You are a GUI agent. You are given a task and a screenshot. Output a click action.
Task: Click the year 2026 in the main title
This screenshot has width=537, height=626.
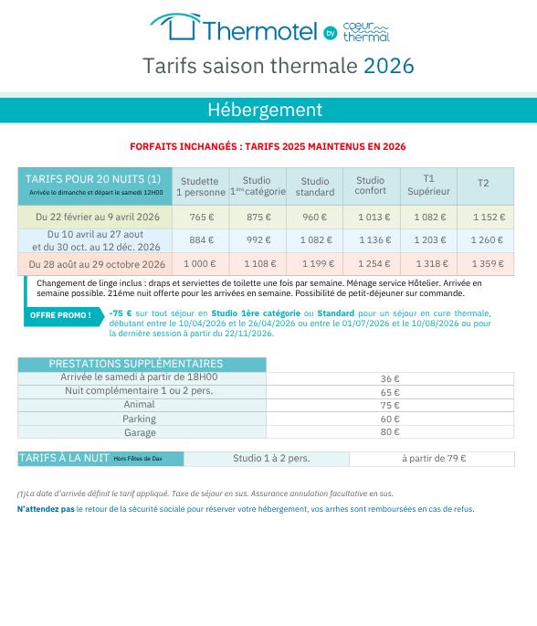(x=388, y=66)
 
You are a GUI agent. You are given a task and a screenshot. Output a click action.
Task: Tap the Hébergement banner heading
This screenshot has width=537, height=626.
(x=265, y=110)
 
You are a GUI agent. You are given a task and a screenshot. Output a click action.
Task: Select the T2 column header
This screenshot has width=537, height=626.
(x=483, y=184)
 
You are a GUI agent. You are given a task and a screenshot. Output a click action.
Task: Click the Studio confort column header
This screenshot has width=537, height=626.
(x=370, y=186)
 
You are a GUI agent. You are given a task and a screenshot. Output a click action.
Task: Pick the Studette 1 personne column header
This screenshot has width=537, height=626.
(x=200, y=186)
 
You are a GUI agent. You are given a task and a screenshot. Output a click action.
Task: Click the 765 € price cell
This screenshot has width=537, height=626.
(x=201, y=218)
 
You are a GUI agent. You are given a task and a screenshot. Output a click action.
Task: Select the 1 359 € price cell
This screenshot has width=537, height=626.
(x=486, y=264)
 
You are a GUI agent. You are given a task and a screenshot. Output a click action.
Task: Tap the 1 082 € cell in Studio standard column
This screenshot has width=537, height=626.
(x=314, y=240)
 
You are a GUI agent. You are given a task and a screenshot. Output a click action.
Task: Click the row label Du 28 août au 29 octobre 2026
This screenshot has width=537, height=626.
(x=98, y=264)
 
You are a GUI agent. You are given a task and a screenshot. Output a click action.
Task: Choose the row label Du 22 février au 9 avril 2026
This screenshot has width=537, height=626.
(x=98, y=218)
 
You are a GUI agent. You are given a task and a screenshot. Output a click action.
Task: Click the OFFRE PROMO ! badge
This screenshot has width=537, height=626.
(x=61, y=316)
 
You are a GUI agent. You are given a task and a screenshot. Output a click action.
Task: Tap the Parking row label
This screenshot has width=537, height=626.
(x=140, y=419)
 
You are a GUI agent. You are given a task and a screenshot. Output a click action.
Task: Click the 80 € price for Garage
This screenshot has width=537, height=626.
(x=390, y=432)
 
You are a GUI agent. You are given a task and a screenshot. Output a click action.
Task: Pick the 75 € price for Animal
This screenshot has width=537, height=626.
(x=390, y=405)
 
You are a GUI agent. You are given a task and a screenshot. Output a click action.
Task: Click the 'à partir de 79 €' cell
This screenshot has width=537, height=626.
(x=434, y=459)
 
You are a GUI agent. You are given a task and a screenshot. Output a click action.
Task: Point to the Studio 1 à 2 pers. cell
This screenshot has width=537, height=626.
(x=270, y=459)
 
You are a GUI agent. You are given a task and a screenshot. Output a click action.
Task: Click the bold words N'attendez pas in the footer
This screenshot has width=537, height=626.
(x=46, y=509)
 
